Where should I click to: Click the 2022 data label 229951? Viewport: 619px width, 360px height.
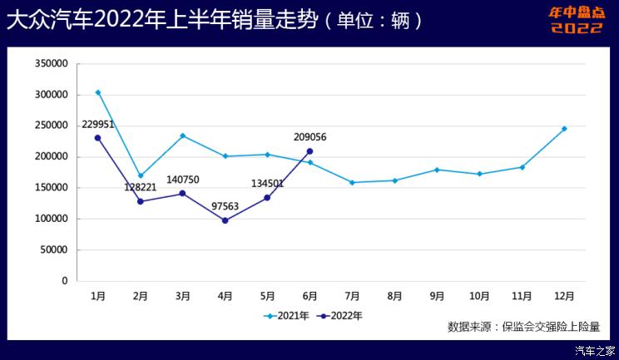coord(98,124)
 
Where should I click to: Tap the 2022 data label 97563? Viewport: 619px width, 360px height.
coord(224,205)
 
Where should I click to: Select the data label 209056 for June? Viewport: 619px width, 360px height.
coord(309,137)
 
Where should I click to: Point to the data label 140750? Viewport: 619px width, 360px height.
coord(184,179)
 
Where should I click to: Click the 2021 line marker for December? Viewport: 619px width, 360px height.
coord(564,129)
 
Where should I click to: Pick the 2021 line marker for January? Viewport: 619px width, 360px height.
coord(98,92)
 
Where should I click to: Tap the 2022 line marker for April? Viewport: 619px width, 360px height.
coord(225,220)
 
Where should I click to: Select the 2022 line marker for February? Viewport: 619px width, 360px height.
coord(141,201)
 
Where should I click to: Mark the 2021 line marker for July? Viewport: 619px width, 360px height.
coord(352,182)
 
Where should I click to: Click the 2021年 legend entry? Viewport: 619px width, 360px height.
coord(287,316)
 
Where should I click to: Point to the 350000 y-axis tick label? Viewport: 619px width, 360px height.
coord(52,63)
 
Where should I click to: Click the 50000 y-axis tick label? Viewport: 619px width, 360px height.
coord(55,249)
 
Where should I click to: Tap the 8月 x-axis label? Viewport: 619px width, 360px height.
coord(394,295)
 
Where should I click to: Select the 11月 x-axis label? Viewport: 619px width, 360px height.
coord(522,295)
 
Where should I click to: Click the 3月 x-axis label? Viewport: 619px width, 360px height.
coord(183,295)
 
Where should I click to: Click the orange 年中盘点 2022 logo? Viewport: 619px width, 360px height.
coord(577,20)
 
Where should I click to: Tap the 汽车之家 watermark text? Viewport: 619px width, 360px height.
coord(596,350)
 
